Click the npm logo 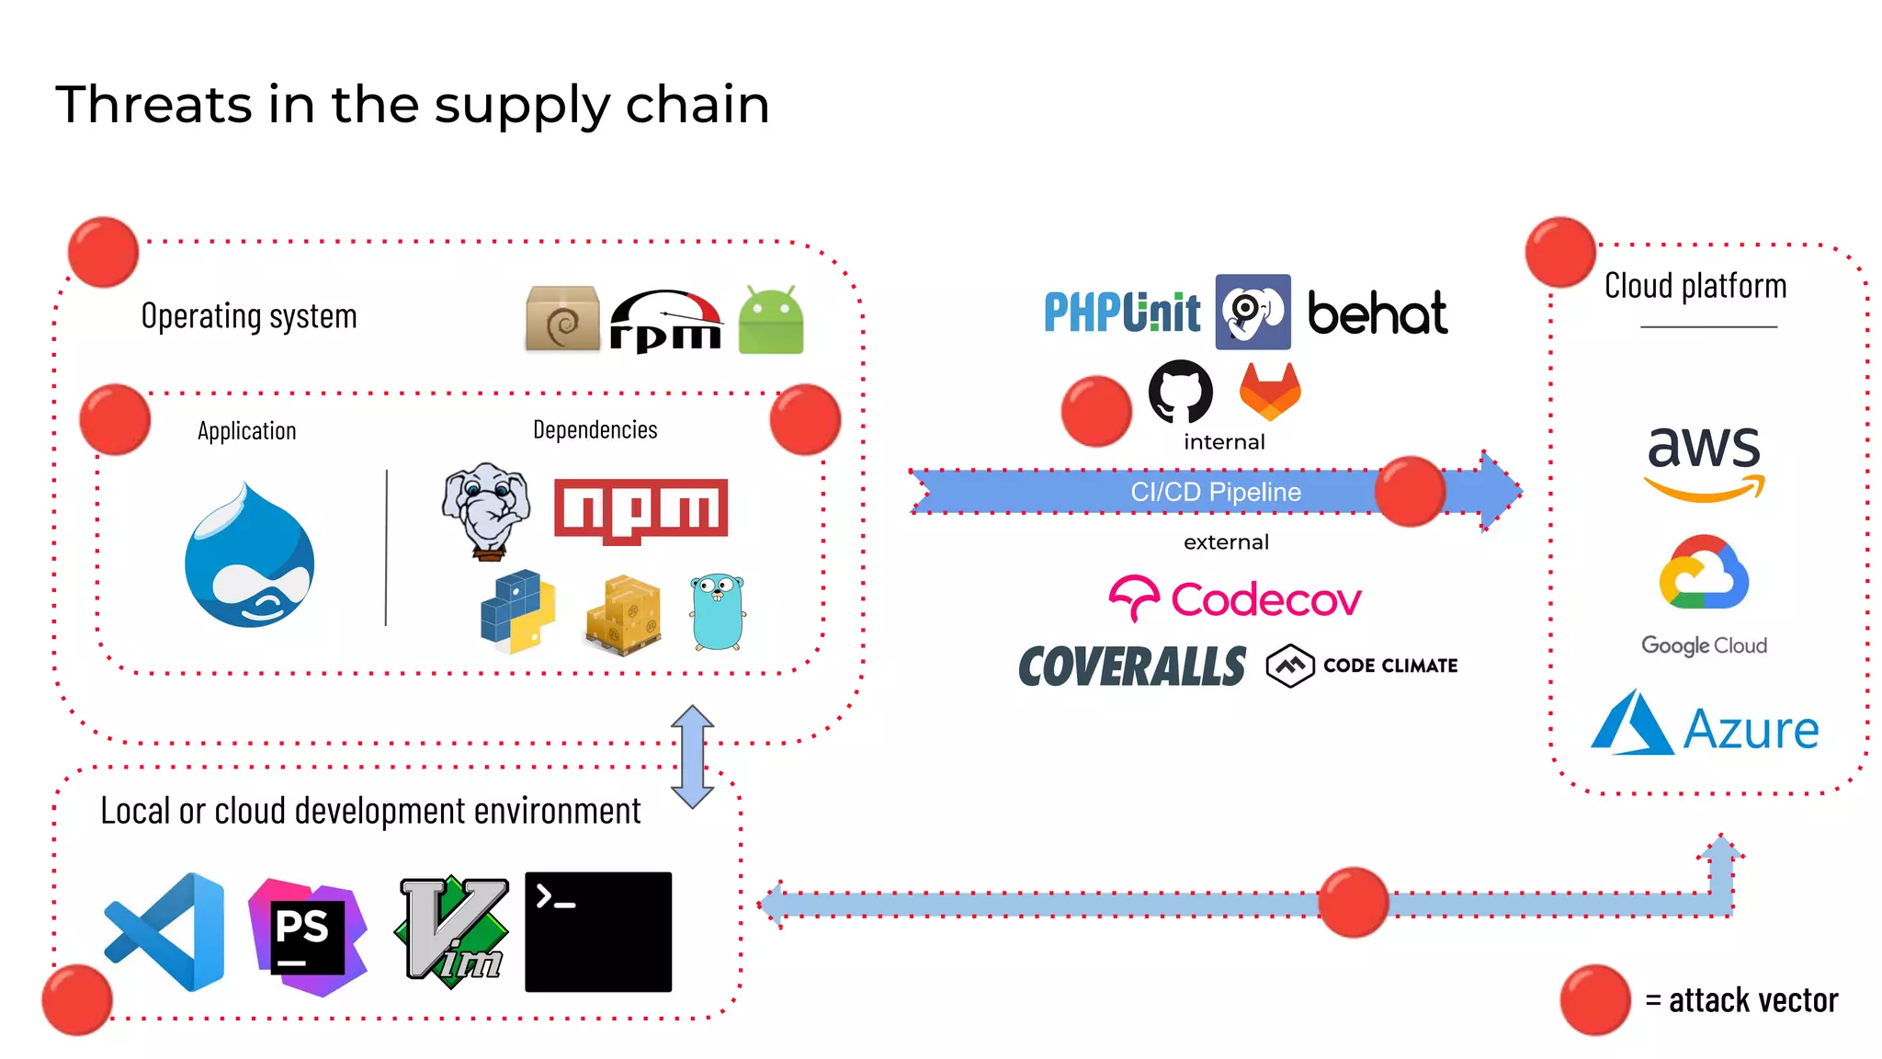pos(641,508)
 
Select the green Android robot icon pos(770,321)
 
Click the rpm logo pos(665,323)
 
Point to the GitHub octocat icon pos(1180,392)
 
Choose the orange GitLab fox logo pos(1270,391)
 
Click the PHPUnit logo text pos(1121,313)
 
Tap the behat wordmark pos(1377,314)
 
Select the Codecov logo pos(1234,599)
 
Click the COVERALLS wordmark pos(1132,666)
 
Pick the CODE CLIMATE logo pos(1362,666)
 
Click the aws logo pos(1704,461)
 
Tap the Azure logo pos(1705,726)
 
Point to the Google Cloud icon pos(1704,574)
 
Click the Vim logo pos(452,931)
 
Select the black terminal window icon pos(597,931)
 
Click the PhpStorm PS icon pos(307,935)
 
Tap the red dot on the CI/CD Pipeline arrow pos(1410,492)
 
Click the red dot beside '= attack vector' pos(1595,999)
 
